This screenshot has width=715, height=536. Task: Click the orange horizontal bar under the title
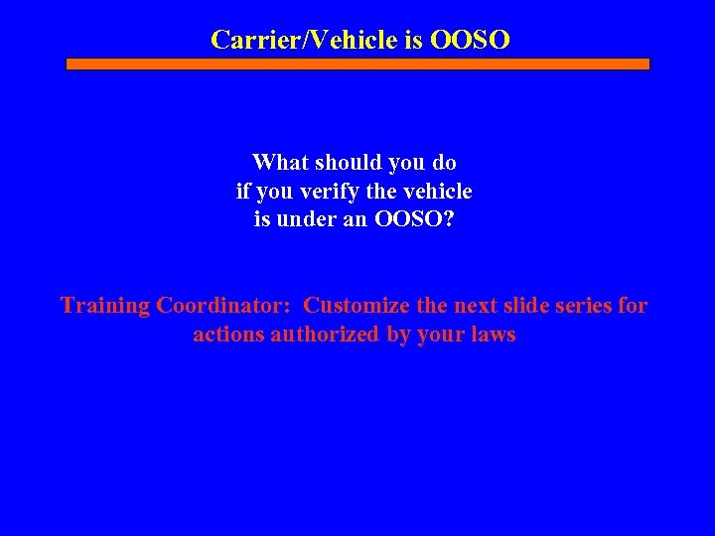[x=357, y=64]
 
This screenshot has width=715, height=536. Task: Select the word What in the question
[x=281, y=162]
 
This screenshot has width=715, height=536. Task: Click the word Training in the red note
[x=104, y=306]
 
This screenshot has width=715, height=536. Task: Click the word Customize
[x=355, y=306]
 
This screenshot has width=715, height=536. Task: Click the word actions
[x=227, y=335]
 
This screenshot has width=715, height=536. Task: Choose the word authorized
[x=324, y=335]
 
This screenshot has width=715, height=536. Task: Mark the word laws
[x=494, y=335]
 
